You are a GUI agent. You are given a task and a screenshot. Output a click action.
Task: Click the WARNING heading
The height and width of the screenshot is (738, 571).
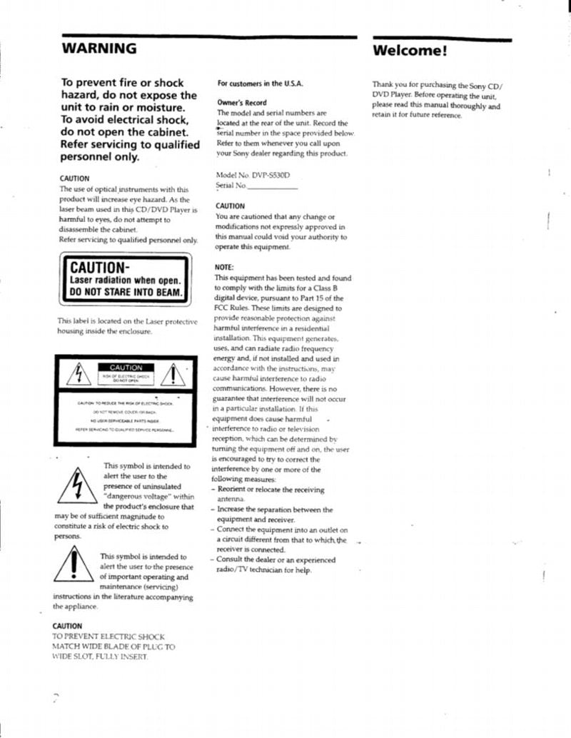pos(98,49)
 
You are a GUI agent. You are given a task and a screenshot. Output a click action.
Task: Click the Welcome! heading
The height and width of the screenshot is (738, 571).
pos(409,51)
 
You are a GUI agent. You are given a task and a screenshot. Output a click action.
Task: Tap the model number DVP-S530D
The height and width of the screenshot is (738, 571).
pos(266,175)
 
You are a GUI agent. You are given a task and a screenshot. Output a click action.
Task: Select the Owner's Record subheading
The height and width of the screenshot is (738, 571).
pos(241,103)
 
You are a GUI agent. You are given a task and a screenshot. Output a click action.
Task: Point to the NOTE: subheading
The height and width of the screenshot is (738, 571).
pos(225,268)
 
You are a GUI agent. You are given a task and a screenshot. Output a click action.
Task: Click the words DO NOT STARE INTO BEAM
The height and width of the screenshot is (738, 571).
pos(126,292)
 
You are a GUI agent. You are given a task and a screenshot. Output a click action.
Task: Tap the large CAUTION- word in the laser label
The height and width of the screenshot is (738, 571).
pos(99,268)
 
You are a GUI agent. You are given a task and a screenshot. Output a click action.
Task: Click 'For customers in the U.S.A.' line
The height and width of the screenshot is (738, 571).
pos(260,83)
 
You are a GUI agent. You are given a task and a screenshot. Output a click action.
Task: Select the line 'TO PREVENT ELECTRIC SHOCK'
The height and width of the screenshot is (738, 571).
pos(108,636)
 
